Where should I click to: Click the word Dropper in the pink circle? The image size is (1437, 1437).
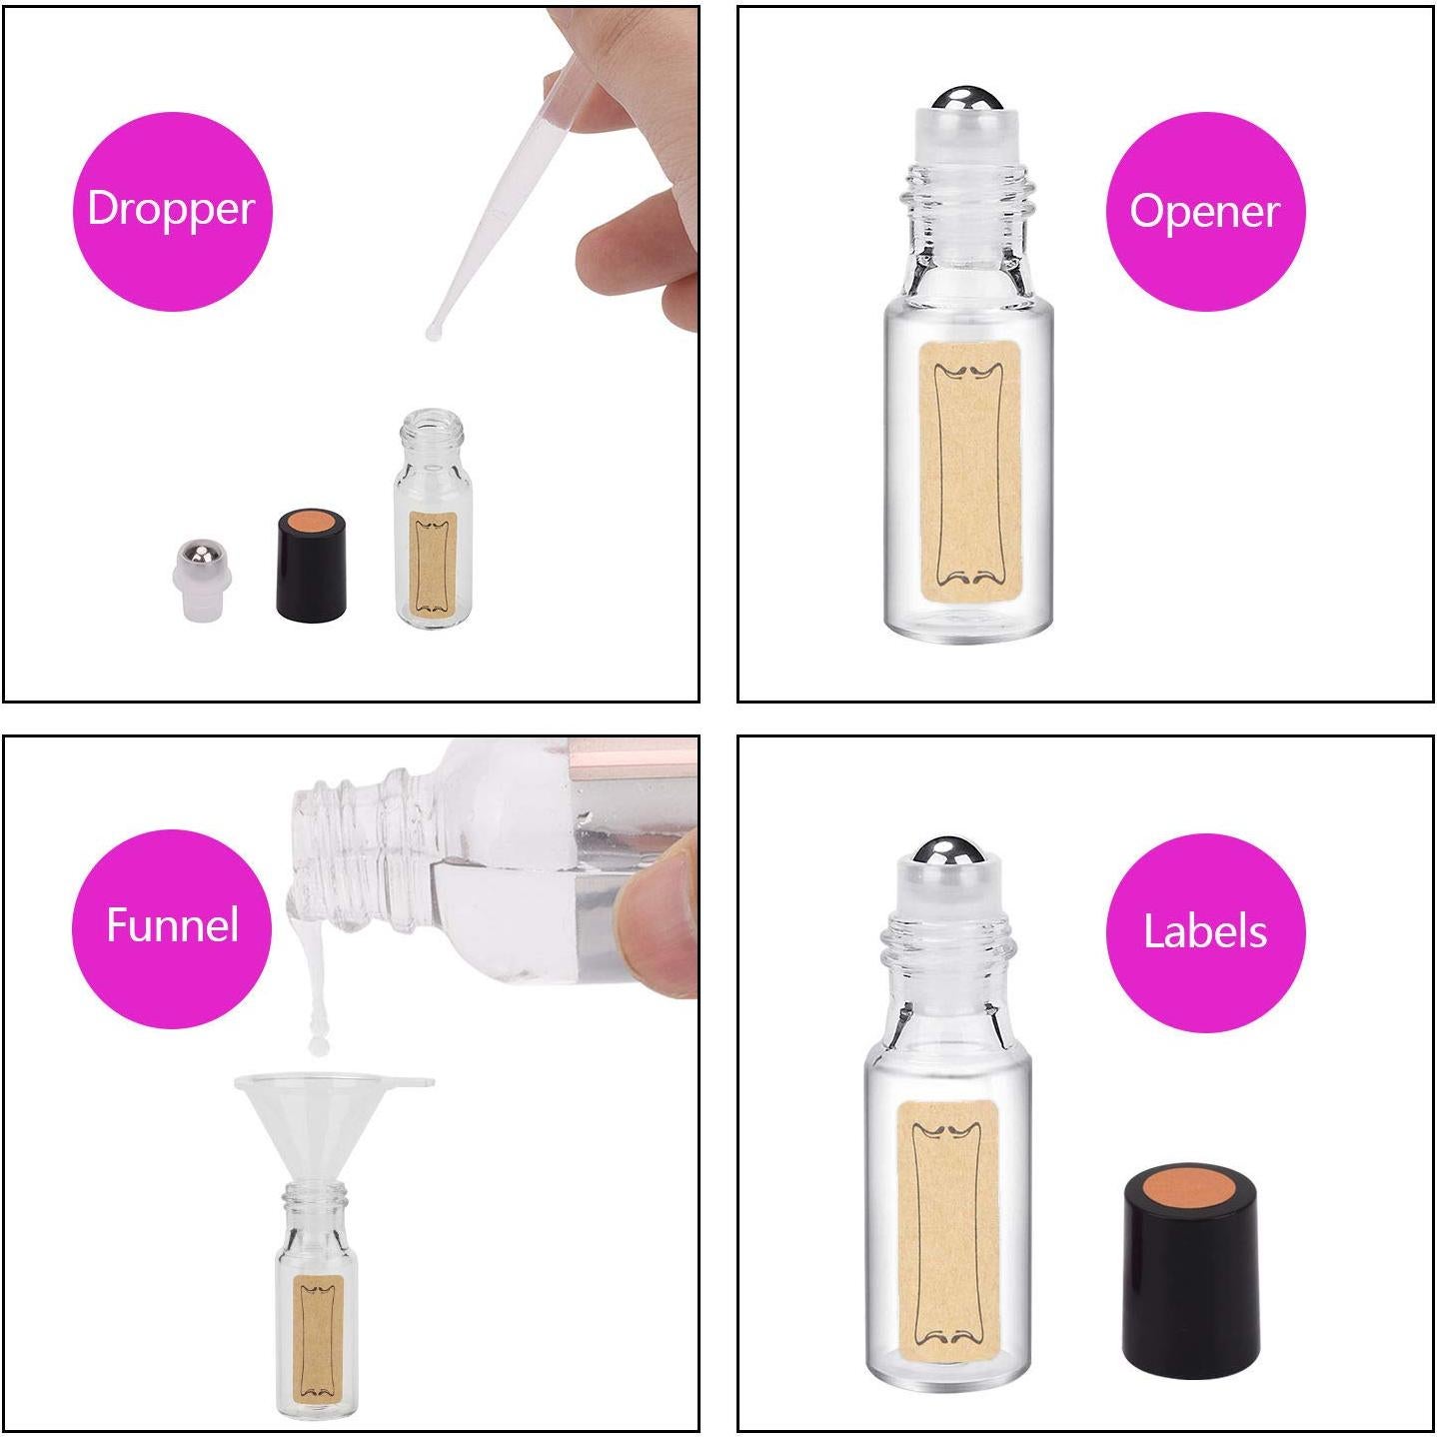(171, 209)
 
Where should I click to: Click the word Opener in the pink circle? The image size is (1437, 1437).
(1204, 211)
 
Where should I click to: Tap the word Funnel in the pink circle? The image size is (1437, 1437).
(172, 925)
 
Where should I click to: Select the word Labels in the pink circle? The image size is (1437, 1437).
(1204, 931)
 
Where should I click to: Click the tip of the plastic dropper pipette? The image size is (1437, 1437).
(434, 330)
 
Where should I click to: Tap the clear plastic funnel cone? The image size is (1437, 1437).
(318, 1119)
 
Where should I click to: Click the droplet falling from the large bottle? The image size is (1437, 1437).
(318, 1041)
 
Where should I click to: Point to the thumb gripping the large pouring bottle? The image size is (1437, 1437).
(660, 909)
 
